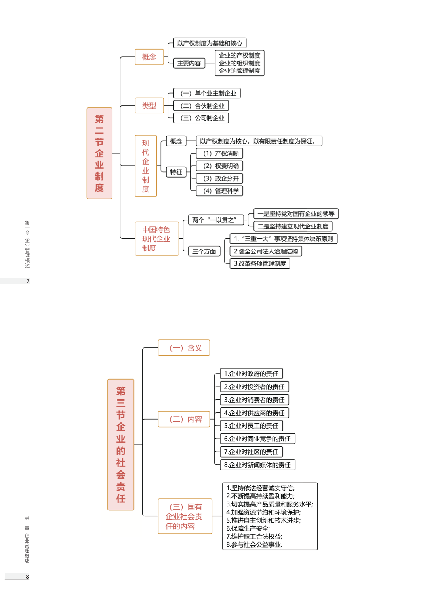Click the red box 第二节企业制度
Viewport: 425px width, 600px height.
[x=99, y=153]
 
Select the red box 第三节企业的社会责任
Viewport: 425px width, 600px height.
[x=121, y=445]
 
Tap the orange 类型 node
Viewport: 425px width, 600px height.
[x=149, y=106]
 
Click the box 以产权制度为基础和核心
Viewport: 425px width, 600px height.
[x=209, y=43]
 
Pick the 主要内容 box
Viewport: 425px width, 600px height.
[x=189, y=63]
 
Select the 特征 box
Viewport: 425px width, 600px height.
[x=176, y=172]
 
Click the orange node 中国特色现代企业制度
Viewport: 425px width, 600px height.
[x=156, y=239]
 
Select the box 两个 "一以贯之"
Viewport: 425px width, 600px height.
[x=216, y=220]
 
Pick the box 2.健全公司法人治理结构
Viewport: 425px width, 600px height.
[x=266, y=251]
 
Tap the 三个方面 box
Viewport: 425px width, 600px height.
[x=204, y=251]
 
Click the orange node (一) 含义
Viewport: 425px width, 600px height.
[x=184, y=348]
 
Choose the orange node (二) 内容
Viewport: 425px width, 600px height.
[x=184, y=419]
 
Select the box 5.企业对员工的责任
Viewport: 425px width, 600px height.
[x=251, y=426]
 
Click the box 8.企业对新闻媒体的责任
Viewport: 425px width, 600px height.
[x=257, y=465]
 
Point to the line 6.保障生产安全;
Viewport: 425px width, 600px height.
[x=248, y=529]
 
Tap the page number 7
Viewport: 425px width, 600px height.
[x=28, y=281]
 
